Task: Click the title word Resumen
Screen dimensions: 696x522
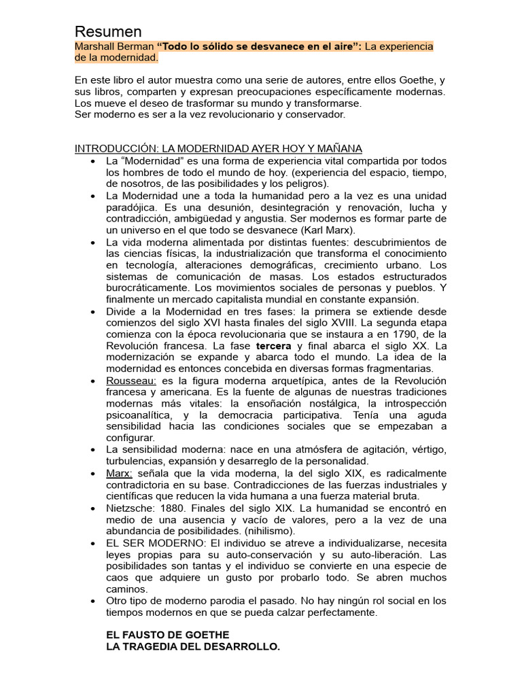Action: [x=108, y=31]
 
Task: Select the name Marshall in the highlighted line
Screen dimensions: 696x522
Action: [x=95, y=46]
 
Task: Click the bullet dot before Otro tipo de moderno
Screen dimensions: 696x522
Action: [x=91, y=601]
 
